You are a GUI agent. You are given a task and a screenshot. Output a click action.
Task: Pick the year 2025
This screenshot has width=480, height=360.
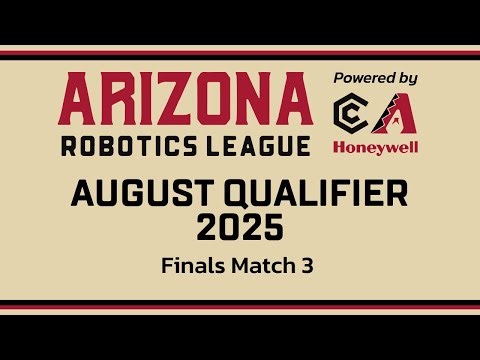click(240, 228)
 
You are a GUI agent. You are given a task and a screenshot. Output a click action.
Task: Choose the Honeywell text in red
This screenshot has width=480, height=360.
click(375, 146)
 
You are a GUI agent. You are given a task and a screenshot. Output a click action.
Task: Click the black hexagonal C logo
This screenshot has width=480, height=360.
click(351, 113)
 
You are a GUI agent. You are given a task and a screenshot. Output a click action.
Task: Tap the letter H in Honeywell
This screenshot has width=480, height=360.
click(339, 146)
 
